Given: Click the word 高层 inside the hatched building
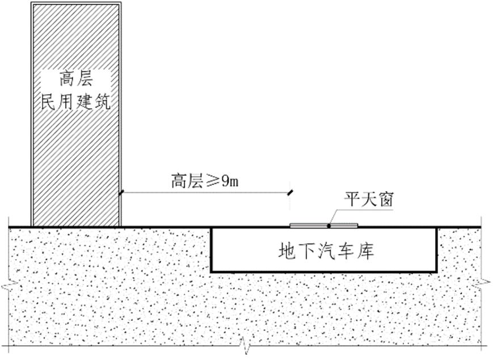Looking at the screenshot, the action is pos(75,78).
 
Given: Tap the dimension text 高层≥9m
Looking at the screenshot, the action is pos(205,181).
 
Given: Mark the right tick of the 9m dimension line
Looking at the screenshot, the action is pos(290,192).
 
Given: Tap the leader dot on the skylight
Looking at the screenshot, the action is pos(329,226).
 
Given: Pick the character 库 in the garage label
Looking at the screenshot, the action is pos(366,250).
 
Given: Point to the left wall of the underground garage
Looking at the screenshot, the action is pos(211,249).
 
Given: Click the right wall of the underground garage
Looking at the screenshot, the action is pos(437,249).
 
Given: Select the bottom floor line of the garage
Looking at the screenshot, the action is pos(323,271).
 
